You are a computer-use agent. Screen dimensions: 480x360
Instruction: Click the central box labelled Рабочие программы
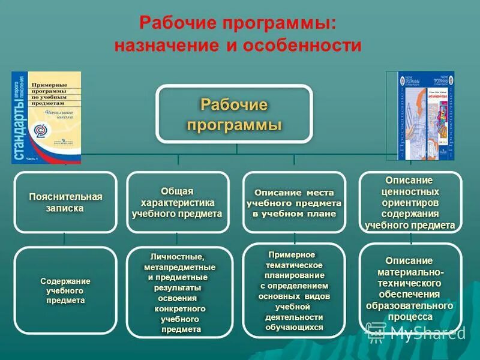234,114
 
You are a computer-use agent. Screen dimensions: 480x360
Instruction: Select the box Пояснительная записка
65,202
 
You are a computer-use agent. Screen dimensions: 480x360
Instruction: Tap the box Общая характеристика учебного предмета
177,202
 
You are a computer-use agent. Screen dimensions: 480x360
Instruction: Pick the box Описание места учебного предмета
293,202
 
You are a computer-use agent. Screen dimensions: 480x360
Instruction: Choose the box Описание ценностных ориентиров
410,202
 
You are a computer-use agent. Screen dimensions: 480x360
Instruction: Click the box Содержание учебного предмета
65,290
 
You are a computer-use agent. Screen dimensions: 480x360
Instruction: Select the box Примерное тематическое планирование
293,291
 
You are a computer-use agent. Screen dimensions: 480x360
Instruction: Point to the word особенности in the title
302,46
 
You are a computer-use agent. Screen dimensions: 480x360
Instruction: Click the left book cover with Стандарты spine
46,118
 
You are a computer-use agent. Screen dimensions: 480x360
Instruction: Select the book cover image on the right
426,116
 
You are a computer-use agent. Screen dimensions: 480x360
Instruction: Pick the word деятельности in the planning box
294,317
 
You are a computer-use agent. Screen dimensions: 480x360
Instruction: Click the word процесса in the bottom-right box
410,316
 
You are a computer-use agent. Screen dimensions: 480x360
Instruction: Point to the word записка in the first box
65,208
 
